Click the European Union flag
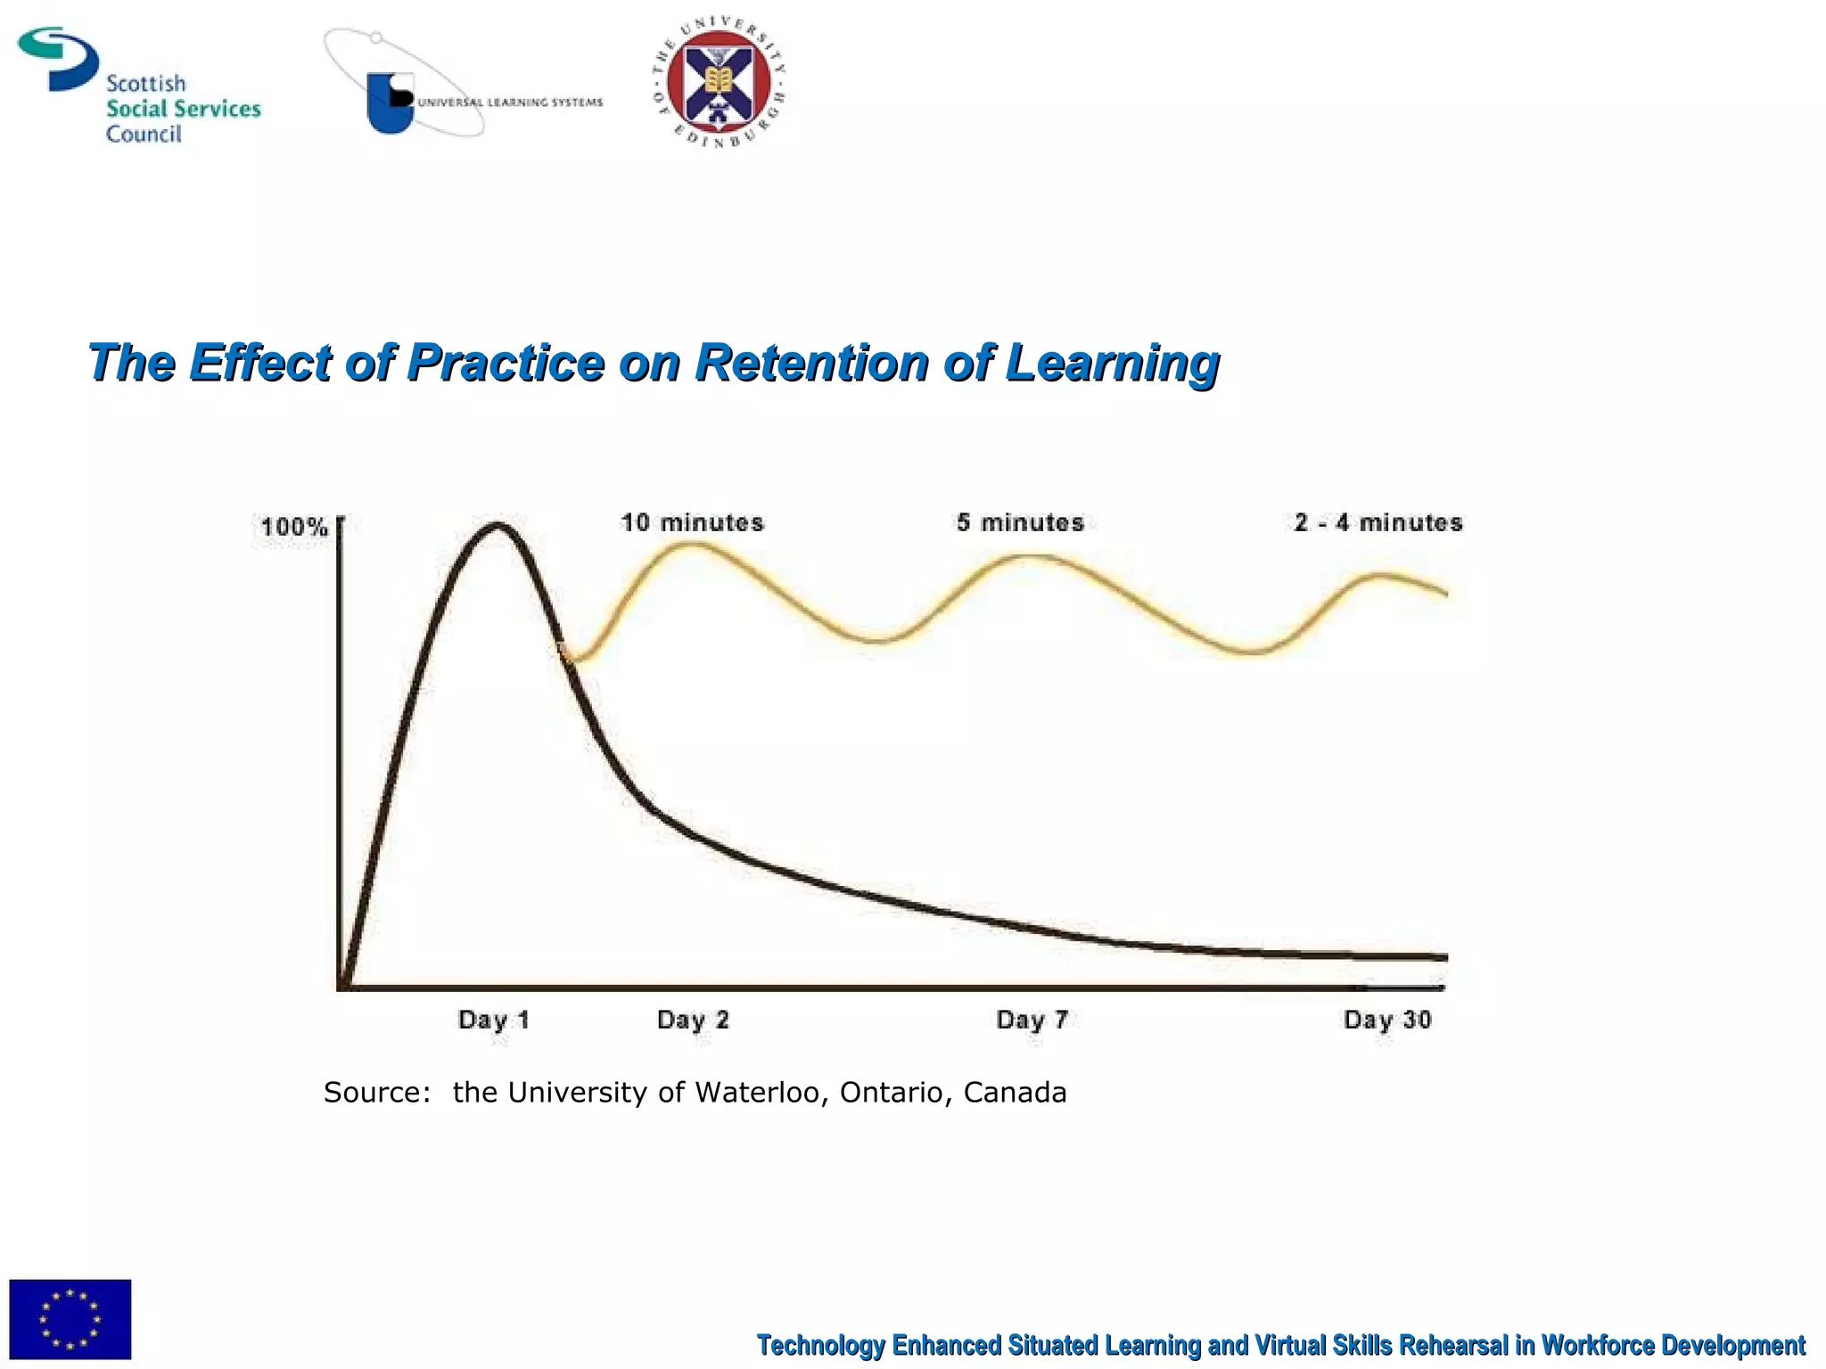[70, 1319]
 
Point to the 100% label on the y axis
[293, 527]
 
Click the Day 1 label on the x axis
[494, 1020]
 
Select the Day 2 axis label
[693, 1020]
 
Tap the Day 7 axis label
[1032, 1020]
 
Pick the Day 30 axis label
[1387, 1020]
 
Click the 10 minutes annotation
[692, 522]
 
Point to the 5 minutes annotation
[1020, 522]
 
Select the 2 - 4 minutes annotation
[1378, 522]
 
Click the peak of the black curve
[496, 526]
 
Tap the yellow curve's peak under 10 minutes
[691, 545]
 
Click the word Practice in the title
[506, 363]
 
